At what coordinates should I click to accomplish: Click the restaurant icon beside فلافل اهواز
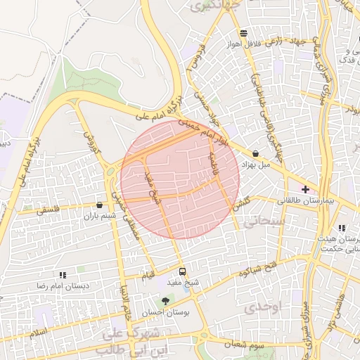pyautogui.click(x=243, y=33)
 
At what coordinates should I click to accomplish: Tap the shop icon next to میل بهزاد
pyautogui.click(x=255, y=153)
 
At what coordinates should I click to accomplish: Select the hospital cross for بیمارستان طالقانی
pyautogui.click(x=305, y=189)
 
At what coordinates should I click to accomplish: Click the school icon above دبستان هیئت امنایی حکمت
pyautogui.click(x=342, y=228)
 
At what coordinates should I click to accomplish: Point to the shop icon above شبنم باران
pyautogui.click(x=98, y=205)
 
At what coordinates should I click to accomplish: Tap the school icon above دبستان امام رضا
pyautogui.click(x=63, y=276)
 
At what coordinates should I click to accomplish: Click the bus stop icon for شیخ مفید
pyautogui.click(x=183, y=271)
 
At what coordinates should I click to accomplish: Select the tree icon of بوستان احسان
pyautogui.click(x=166, y=302)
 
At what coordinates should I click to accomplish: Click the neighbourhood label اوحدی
pyautogui.click(x=264, y=307)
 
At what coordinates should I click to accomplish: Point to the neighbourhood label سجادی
pyautogui.click(x=261, y=221)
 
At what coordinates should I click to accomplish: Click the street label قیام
pyautogui.click(x=147, y=274)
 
